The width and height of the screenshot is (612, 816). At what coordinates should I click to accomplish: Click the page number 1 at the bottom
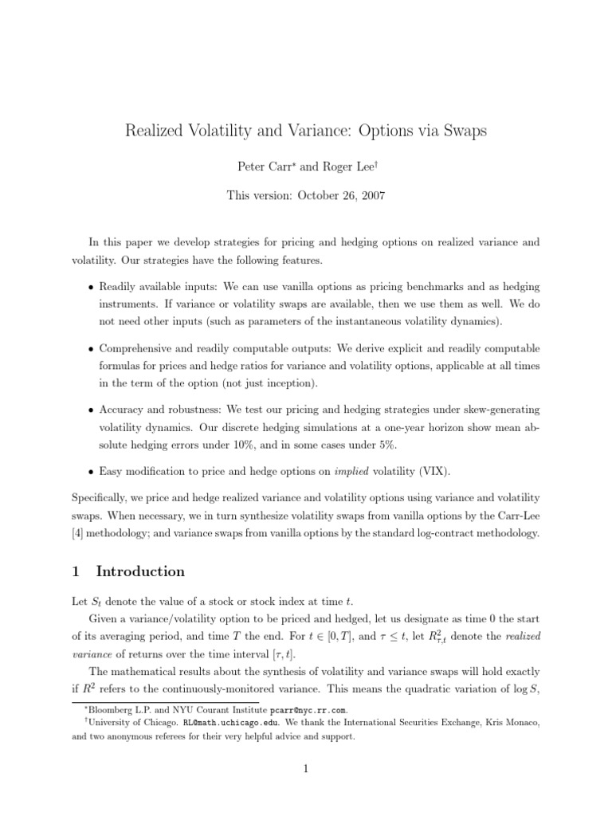click(x=306, y=768)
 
